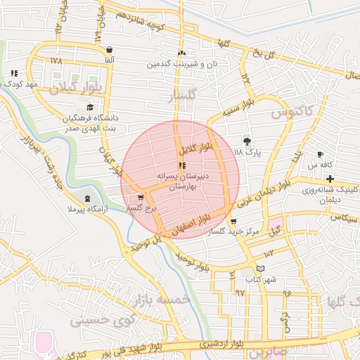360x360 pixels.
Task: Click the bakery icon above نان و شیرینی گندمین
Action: pyautogui.click(x=182, y=53)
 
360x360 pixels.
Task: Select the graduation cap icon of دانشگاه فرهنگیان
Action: pyautogui.click(x=89, y=107)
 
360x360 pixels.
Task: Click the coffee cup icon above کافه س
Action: pyautogui.click(x=321, y=154)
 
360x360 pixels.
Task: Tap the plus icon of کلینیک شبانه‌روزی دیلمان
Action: pyautogui.click(x=330, y=179)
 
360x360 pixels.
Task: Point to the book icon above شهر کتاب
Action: pyautogui.click(x=261, y=269)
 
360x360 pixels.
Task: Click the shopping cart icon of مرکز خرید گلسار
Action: pyautogui.click(x=233, y=221)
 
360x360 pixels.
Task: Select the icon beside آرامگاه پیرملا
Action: pyautogui.click(x=87, y=199)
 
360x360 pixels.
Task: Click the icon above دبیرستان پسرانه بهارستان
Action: pyautogui.click(x=182, y=166)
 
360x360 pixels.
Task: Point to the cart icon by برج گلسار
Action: pyautogui.click(x=141, y=198)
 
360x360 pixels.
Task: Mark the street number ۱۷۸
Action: pyautogui.click(x=57, y=61)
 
